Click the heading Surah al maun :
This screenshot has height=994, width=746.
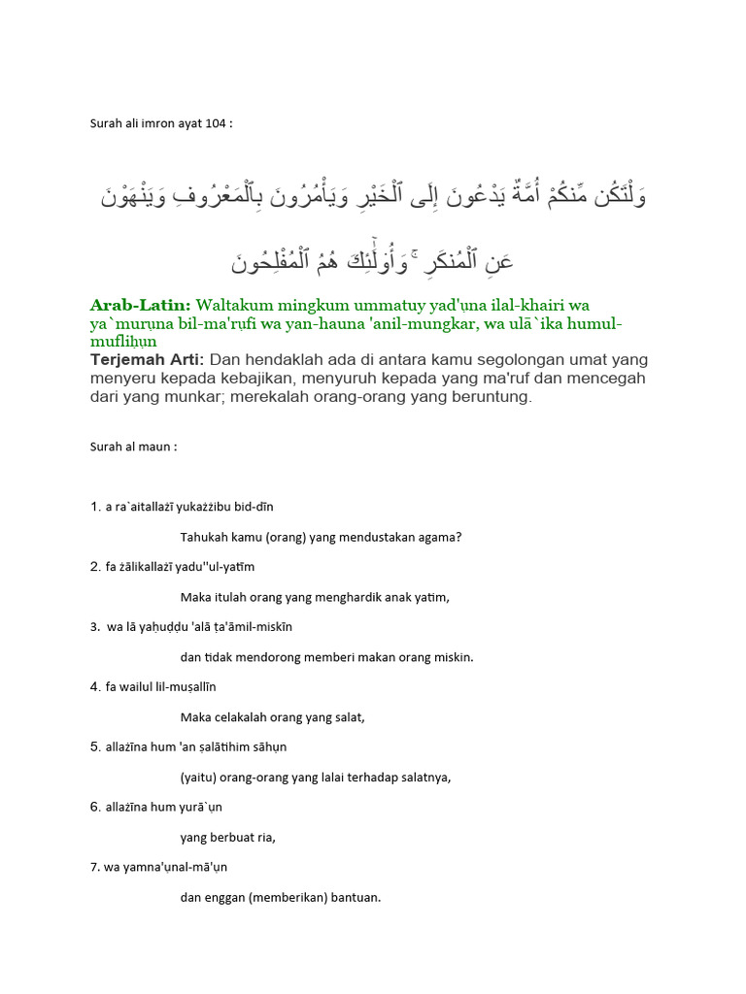[133, 447]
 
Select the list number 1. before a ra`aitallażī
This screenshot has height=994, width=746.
[95, 507]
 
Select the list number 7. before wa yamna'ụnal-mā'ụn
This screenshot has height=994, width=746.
[95, 867]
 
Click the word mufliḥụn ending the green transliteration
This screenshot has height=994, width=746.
[124, 342]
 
